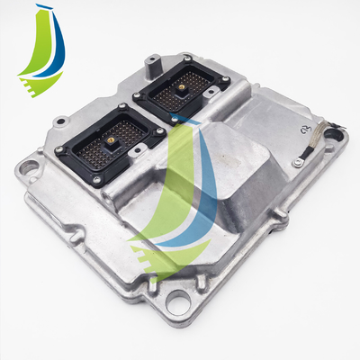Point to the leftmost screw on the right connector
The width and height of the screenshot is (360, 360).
138,93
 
